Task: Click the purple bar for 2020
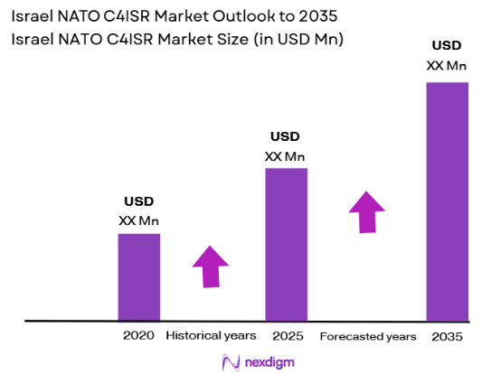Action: tap(139, 277)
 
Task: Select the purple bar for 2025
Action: tap(286, 244)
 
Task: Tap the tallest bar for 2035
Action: tap(447, 201)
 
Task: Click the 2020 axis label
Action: tap(138, 336)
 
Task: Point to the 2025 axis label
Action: tap(287, 336)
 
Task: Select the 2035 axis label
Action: tap(447, 336)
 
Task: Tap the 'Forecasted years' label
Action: tap(368, 336)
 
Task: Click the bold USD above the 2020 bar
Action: tap(138, 201)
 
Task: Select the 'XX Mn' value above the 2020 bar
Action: tap(138, 220)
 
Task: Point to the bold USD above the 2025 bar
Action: tap(285, 136)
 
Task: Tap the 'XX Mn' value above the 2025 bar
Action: tap(285, 155)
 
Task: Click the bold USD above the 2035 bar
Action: tap(447, 45)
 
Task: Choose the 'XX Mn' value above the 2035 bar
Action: tap(447, 64)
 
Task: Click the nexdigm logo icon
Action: tap(230, 361)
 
